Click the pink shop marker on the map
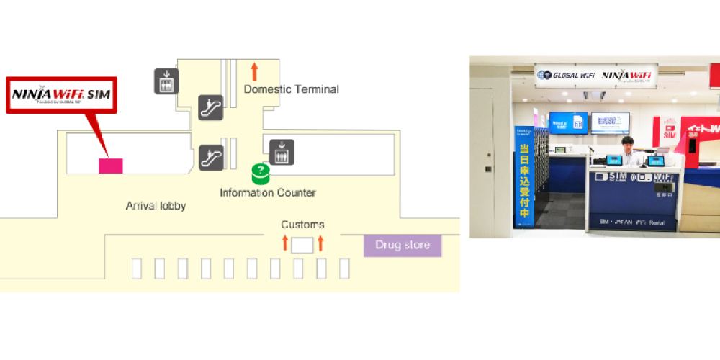coord(110,166)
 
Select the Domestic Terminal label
coord(291,89)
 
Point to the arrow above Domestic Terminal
coord(254,71)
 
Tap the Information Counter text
coord(267,193)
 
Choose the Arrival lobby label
coord(156,206)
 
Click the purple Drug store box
coord(402,245)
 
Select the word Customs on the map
coord(302,225)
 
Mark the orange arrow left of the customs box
coord(285,243)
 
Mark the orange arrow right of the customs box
coord(320,243)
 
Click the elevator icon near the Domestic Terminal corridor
coord(166,81)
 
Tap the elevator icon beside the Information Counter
coord(282,152)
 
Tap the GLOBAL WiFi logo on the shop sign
coord(565,75)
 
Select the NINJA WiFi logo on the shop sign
coord(628,76)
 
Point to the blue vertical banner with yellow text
coord(523,176)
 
